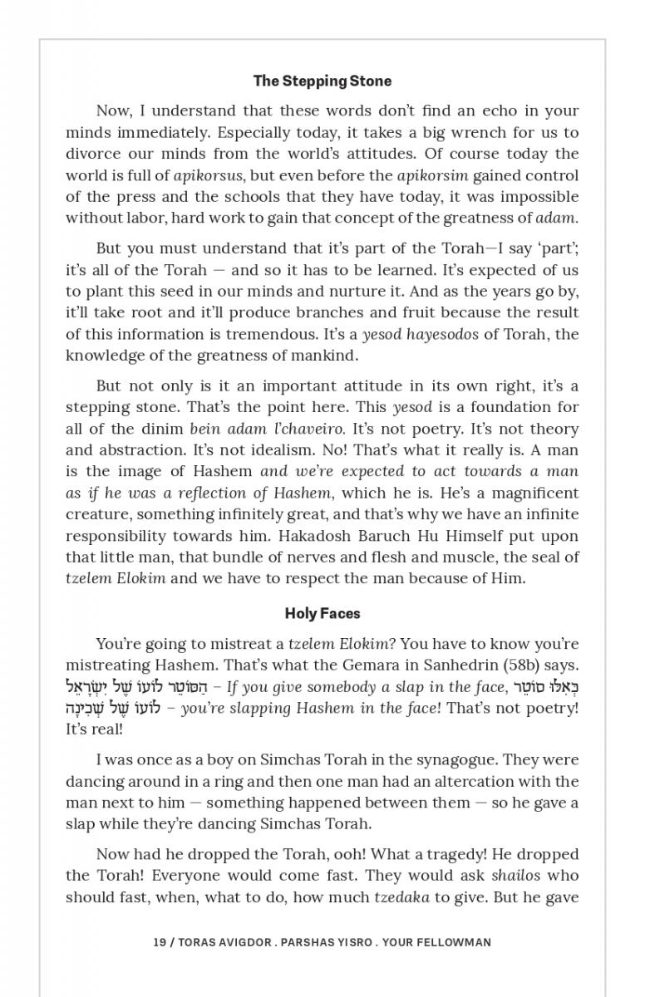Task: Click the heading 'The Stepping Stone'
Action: (x=322, y=81)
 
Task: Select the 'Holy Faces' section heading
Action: (x=322, y=613)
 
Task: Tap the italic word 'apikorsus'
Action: (x=208, y=175)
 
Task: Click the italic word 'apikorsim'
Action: (x=432, y=175)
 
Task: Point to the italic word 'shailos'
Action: (x=515, y=875)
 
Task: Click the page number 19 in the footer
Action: (x=160, y=942)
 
